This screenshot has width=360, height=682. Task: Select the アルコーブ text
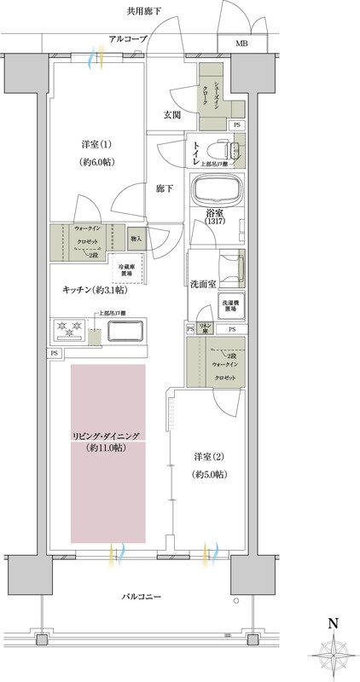[x=128, y=39]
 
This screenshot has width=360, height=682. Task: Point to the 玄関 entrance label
[x=171, y=115]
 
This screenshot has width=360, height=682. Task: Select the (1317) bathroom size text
[x=216, y=223]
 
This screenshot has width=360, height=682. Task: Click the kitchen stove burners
[x=66, y=327]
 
